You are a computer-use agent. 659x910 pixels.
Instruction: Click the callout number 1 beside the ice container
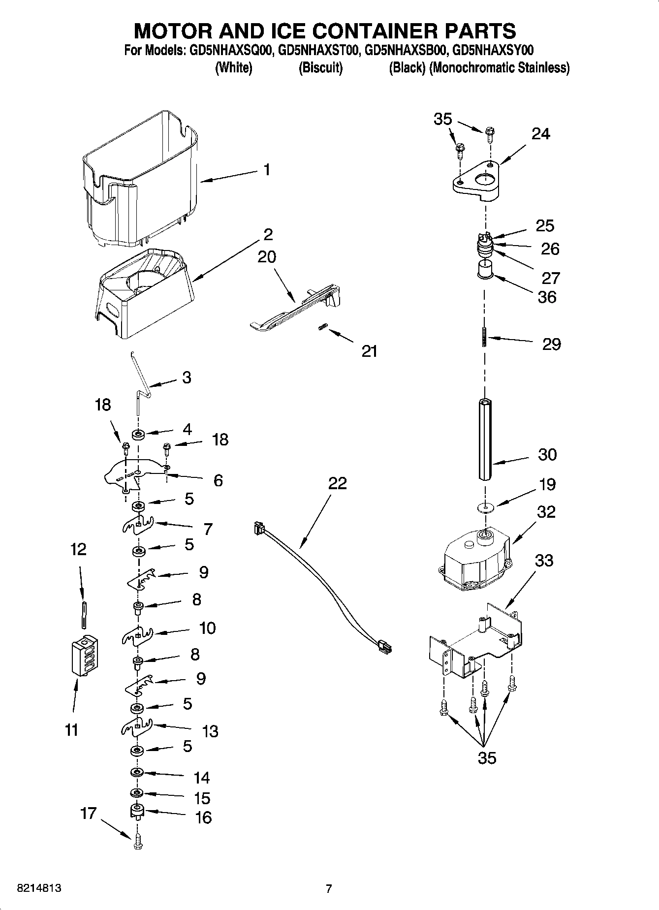(x=266, y=170)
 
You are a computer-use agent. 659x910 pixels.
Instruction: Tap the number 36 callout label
(x=547, y=297)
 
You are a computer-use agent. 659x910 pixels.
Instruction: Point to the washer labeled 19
(x=485, y=507)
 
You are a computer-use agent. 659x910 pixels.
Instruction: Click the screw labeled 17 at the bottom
(x=137, y=841)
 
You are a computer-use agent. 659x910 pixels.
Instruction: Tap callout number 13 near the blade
(x=210, y=731)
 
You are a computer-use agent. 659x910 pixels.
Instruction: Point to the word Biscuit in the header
(x=320, y=68)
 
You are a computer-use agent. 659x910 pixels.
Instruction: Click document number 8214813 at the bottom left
(x=39, y=888)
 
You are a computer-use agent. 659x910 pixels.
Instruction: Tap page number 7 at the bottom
(x=329, y=888)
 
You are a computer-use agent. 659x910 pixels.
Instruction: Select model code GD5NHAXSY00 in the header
(x=492, y=50)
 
